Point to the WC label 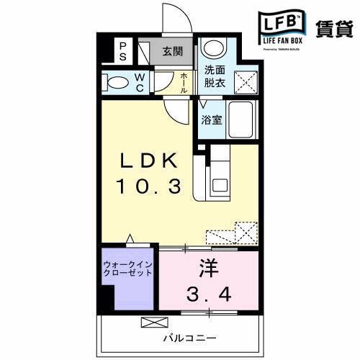click(x=140, y=82)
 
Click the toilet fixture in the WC click(x=115, y=81)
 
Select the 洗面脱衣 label click(x=214, y=76)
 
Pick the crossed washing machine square click(x=246, y=80)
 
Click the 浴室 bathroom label click(x=212, y=120)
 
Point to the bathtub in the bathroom click(x=244, y=121)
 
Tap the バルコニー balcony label click(x=179, y=338)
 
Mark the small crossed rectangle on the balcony click(x=153, y=322)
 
